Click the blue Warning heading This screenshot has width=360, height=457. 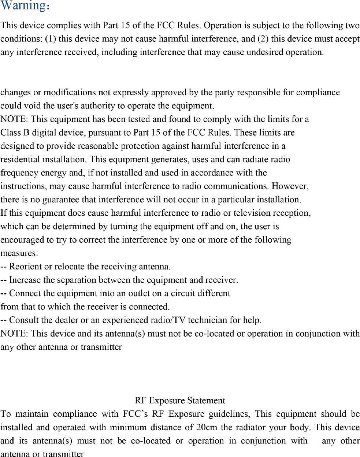click(25, 6)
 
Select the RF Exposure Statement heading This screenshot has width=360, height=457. click(180, 400)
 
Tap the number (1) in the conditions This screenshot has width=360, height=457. click(51, 39)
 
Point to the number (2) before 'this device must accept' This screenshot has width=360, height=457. click(263, 39)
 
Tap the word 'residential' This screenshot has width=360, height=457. click(21, 159)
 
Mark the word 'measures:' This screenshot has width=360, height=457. click(19, 253)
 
